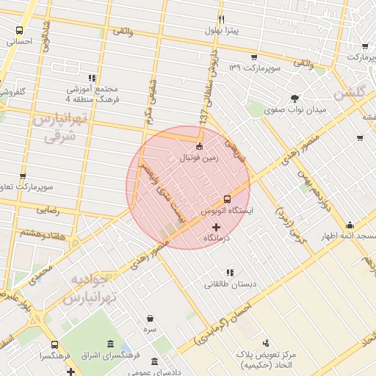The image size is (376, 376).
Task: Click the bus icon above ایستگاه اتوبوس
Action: point(227,198)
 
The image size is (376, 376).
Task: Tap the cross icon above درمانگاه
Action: point(215,228)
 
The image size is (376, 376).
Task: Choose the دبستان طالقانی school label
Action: point(230,283)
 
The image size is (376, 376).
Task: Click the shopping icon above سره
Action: point(151,319)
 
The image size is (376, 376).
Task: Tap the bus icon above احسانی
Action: point(18,31)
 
